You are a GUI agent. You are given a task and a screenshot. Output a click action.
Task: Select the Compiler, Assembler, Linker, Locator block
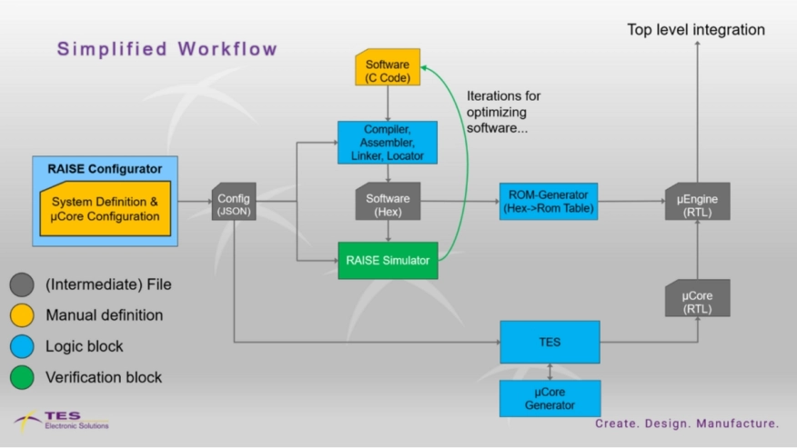click(388, 143)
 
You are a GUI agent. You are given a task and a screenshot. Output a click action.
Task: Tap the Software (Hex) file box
click(388, 204)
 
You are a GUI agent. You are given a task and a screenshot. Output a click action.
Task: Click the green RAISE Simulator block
click(388, 259)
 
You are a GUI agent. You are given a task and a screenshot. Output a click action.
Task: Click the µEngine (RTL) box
click(697, 202)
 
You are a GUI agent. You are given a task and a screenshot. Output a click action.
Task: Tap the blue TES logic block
click(550, 342)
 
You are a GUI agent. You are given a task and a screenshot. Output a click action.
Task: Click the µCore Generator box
click(550, 398)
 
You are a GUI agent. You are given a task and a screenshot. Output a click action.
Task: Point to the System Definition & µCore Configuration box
click(106, 209)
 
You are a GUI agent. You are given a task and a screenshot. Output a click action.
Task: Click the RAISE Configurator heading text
click(106, 169)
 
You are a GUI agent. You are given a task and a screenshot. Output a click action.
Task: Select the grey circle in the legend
click(23, 284)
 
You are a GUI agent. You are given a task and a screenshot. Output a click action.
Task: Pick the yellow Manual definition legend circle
click(23, 315)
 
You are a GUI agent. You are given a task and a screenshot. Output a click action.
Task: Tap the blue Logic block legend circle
click(23, 346)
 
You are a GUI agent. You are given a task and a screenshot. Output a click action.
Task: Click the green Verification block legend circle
click(23, 377)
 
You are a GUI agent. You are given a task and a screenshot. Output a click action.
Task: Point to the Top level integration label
click(696, 30)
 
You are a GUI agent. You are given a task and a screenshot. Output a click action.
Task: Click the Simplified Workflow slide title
click(167, 49)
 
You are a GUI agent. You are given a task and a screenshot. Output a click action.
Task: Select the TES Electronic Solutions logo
click(62, 420)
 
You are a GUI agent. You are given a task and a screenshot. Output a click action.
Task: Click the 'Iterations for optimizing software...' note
click(505, 112)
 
